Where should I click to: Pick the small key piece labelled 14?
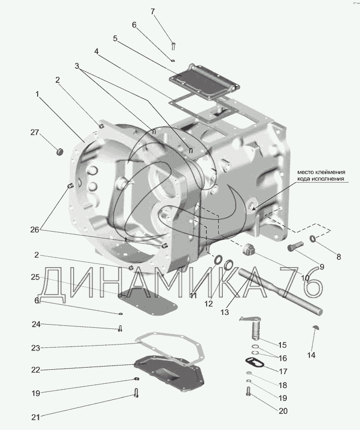[x=316, y=327]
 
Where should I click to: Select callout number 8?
[x=338, y=257]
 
